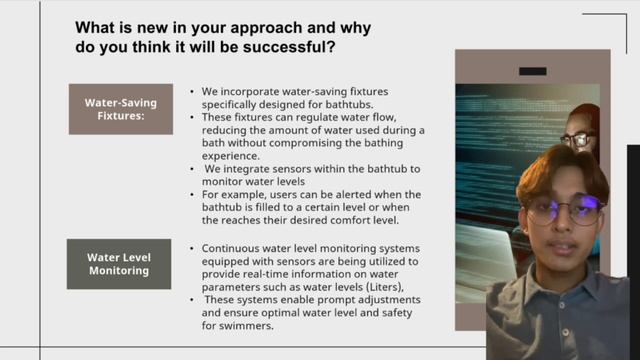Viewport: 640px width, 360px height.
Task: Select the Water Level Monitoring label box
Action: click(118, 263)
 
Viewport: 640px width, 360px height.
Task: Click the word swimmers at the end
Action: click(240, 325)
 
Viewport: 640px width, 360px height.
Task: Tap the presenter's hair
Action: click(560, 168)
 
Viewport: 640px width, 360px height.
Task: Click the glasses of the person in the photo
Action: click(579, 140)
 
